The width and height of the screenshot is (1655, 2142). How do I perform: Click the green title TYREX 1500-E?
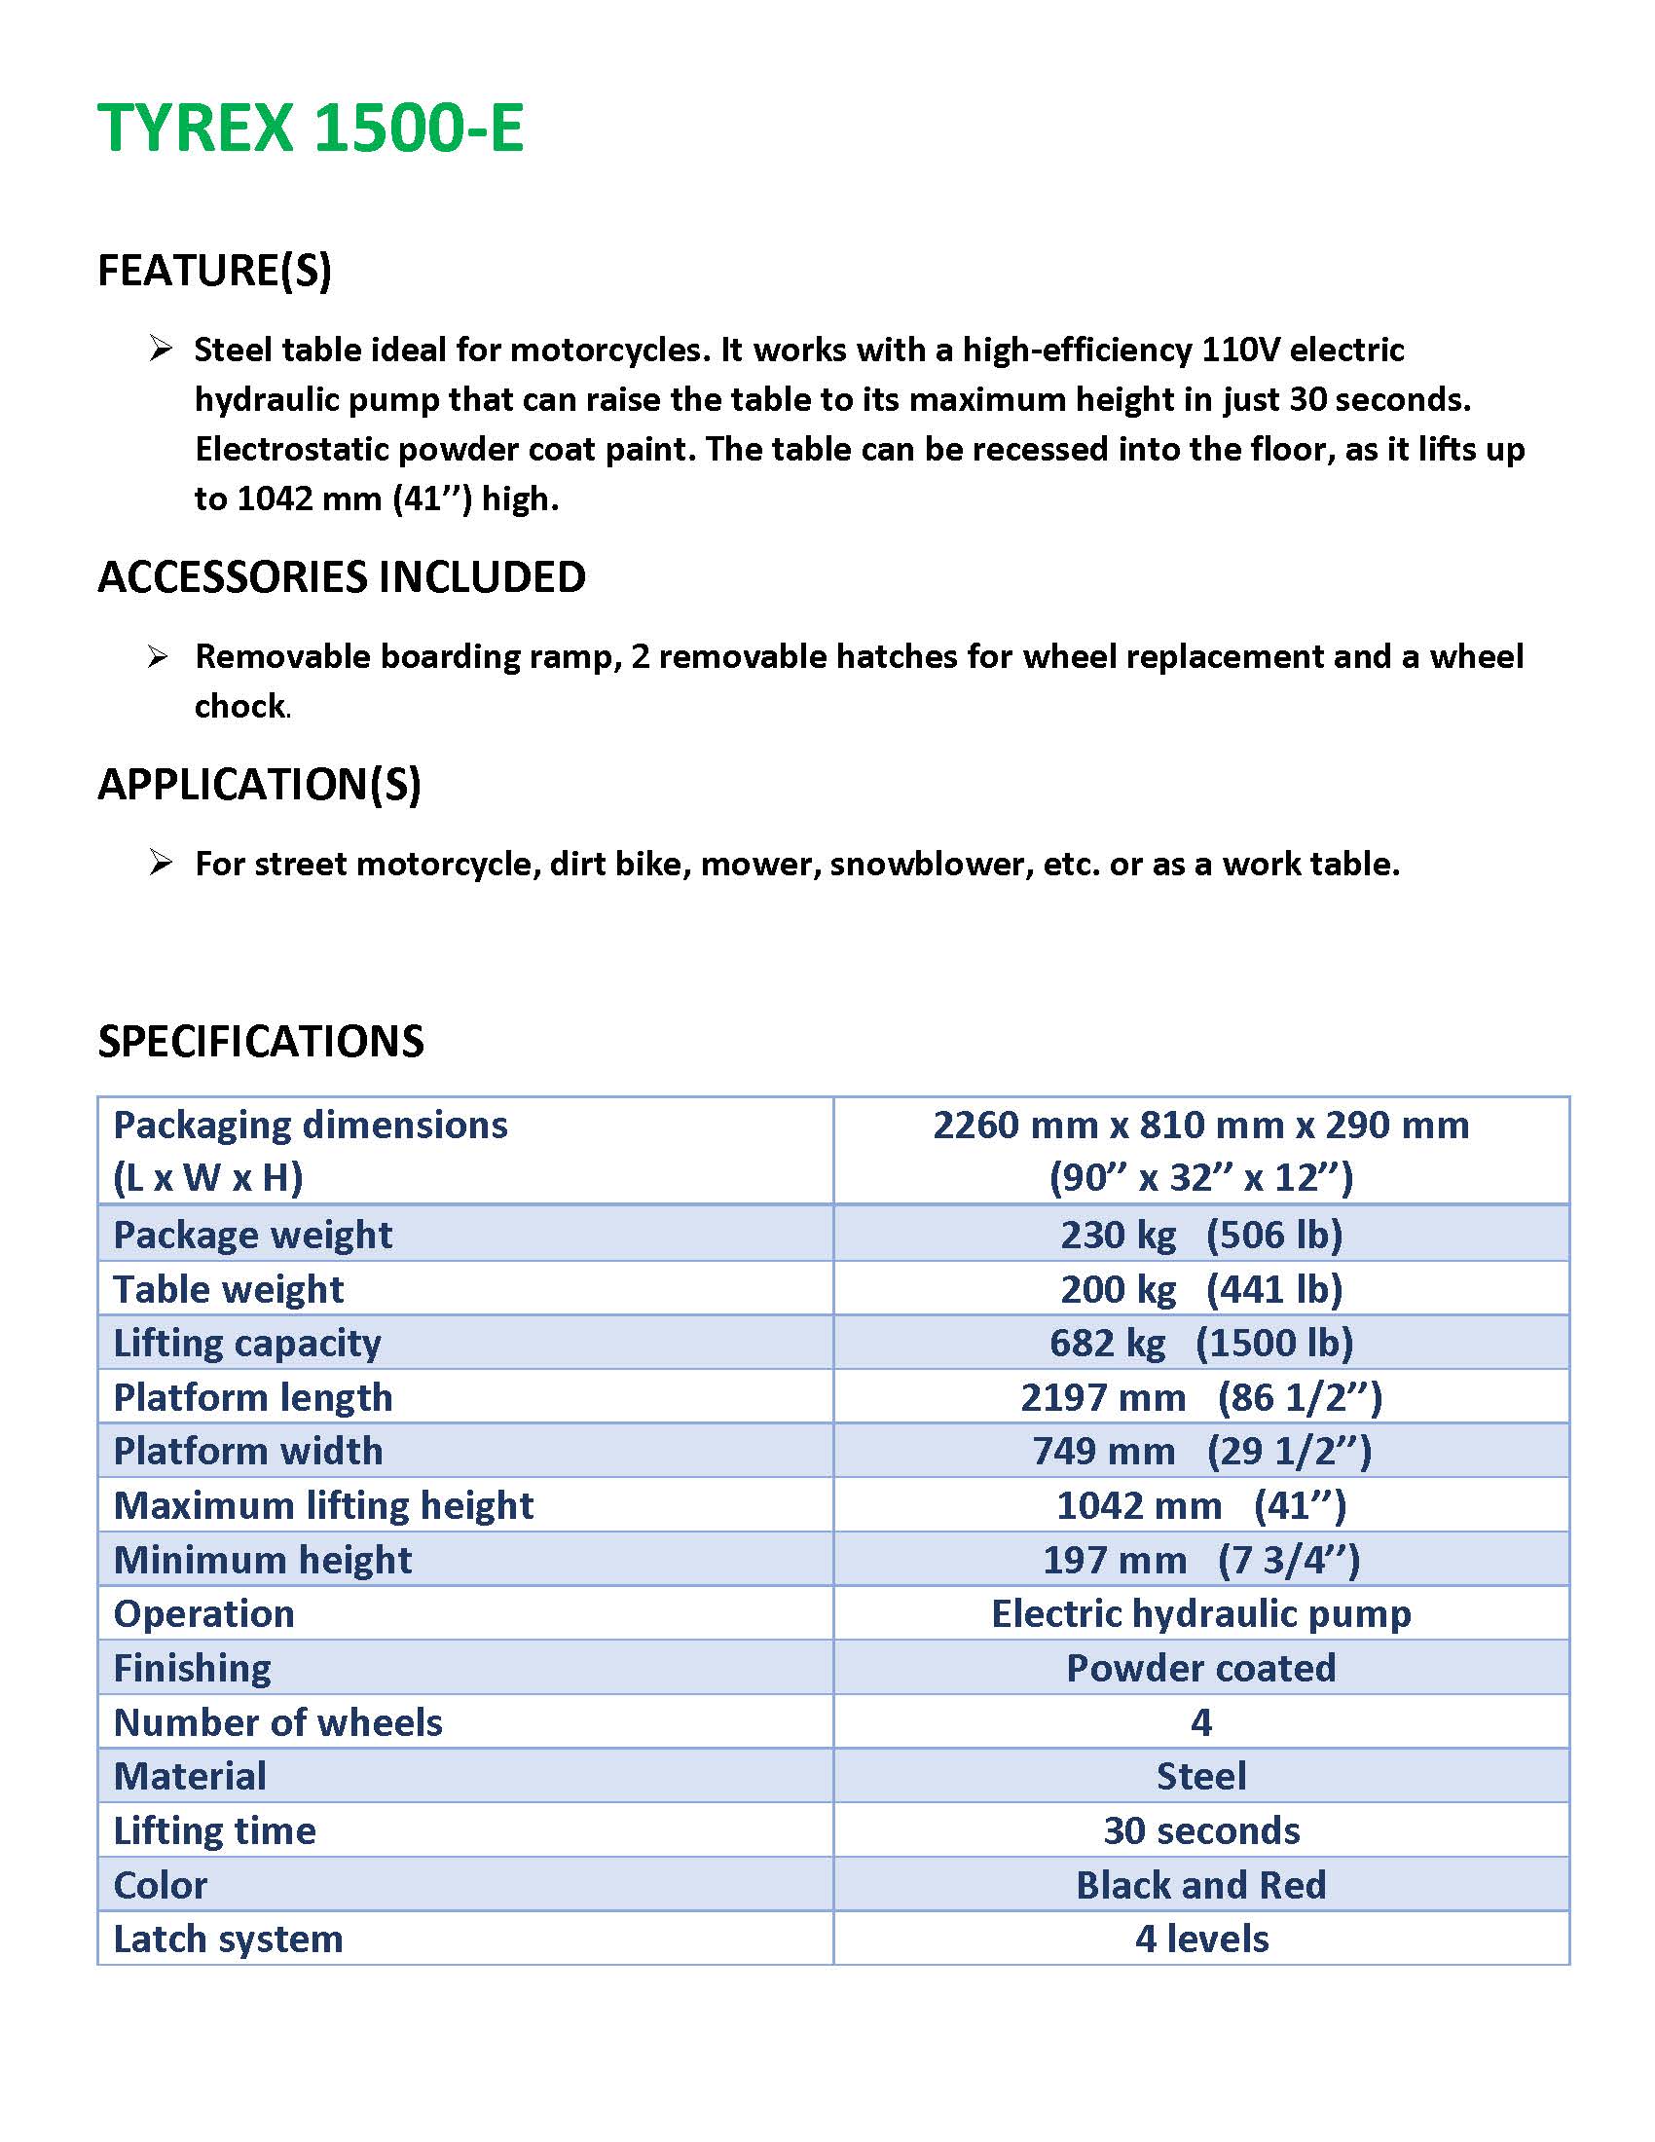[311, 129]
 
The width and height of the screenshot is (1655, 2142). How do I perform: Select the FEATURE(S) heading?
[215, 271]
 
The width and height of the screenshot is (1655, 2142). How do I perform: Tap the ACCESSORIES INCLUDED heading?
[341, 576]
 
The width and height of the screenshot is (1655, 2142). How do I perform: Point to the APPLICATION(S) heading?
[259, 785]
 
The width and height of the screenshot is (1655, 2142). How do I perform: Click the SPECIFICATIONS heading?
[261, 1042]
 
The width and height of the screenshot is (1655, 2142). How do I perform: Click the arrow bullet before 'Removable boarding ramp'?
[159, 656]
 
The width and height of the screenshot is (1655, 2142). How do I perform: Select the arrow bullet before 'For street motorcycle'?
[160, 863]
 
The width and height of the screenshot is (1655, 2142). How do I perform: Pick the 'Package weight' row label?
[252, 1234]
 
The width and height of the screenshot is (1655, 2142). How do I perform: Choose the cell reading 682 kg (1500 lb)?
[1200, 1343]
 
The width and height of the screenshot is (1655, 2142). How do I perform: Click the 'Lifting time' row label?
[215, 1831]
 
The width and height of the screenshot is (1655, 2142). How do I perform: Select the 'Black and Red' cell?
[1200, 1885]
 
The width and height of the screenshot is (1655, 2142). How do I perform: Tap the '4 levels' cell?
[1201, 1939]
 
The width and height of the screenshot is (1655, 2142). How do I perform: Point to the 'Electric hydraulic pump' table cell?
[1200, 1613]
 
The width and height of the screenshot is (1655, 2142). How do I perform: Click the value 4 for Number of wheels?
[1201, 1722]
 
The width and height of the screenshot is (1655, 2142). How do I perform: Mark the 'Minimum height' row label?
[262, 1560]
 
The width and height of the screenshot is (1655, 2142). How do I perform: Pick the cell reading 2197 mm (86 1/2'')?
[1200, 1397]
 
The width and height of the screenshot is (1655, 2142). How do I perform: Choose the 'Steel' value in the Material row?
[1201, 1776]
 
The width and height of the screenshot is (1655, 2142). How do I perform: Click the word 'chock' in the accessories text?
[240, 706]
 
